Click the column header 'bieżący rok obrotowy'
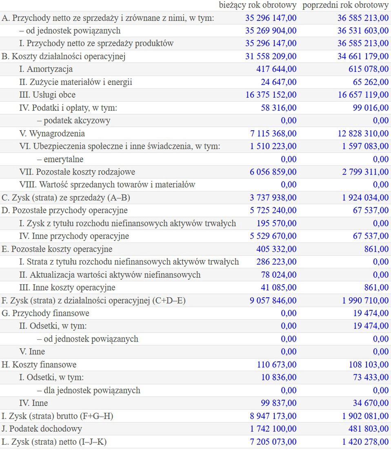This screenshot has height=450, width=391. (x=258, y=5)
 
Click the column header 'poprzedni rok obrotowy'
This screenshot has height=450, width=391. (x=345, y=5)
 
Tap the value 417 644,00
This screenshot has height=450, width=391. (x=276, y=69)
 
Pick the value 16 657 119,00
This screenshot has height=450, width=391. (x=363, y=95)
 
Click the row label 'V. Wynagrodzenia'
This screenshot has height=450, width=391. (x=52, y=134)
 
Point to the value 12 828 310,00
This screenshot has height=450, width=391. (x=363, y=134)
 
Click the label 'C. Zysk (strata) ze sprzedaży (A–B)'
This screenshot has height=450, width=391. (x=66, y=198)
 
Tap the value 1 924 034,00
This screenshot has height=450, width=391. (x=365, y=198)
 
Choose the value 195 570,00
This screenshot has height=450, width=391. (x=276, y=223)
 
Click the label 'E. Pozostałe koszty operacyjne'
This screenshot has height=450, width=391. (x=57, y=249)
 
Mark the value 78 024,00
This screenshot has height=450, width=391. (x=279, y=275)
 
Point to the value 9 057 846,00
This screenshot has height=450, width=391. (x=273, y=301)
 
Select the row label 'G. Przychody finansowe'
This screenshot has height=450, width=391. (x=46, y=313)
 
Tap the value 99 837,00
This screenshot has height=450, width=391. (x=279, y=403)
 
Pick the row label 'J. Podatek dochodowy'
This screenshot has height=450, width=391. (x=42, y=429)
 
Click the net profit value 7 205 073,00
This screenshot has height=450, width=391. (x=273, y=442)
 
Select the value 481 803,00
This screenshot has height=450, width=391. (x=368, y=429)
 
